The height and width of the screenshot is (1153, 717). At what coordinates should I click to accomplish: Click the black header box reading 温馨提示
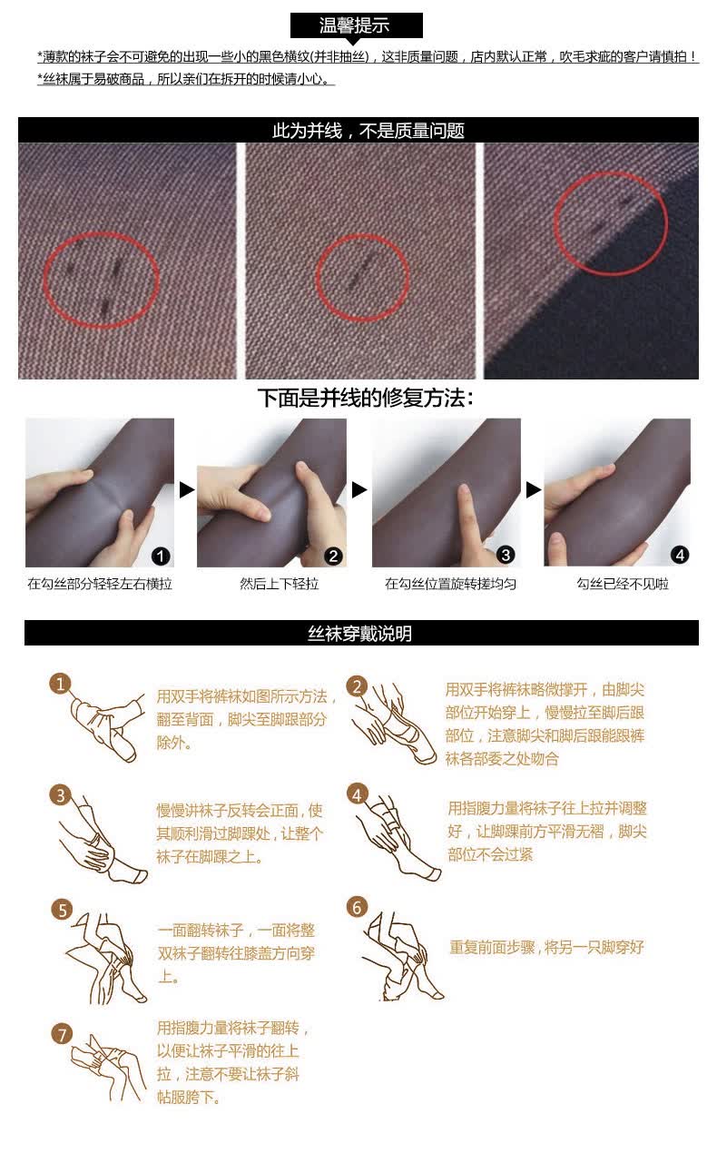click(356, 25)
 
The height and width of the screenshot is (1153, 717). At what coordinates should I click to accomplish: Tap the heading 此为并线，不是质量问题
click(368, 131)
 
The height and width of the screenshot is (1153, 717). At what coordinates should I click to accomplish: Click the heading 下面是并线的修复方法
click(366, 398)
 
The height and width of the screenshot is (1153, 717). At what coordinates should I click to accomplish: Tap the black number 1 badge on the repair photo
click(161, 556)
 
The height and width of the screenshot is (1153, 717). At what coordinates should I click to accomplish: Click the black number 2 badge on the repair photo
click(333, 556)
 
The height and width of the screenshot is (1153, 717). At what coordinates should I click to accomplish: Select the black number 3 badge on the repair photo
click(506, 555)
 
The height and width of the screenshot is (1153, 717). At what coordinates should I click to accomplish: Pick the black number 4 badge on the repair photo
click(681, 555)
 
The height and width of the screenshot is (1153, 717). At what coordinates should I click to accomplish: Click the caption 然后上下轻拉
click(280, 584)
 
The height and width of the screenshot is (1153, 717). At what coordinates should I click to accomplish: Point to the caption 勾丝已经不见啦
click(623, 584)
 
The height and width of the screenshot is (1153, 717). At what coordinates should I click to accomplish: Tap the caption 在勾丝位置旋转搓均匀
click(450, 584)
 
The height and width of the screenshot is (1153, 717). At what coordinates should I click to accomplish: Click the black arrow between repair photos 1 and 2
click(186, 489)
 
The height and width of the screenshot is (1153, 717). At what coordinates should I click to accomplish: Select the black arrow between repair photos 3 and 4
click(533, 489)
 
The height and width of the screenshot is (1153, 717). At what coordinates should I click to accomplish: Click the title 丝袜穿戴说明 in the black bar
click(359, 633)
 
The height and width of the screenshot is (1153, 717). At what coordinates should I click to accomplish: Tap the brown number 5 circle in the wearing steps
click(63, 910)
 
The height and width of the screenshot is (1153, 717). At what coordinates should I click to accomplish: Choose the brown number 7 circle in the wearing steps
click(63, 1034)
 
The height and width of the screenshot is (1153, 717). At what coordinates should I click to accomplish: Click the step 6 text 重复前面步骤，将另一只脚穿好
click(546, 947)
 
